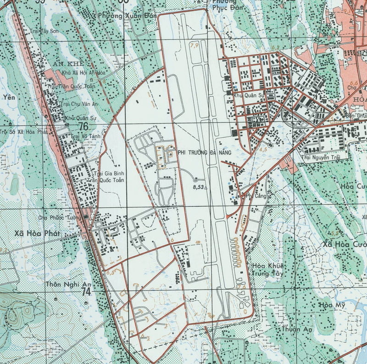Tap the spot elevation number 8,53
[199, 187]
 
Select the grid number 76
[83, 126]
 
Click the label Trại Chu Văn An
[79, 104]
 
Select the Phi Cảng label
[256, 196]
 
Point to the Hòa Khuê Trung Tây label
[268, 270]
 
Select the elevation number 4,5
[263, 150]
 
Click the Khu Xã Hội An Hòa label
[83, 73]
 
